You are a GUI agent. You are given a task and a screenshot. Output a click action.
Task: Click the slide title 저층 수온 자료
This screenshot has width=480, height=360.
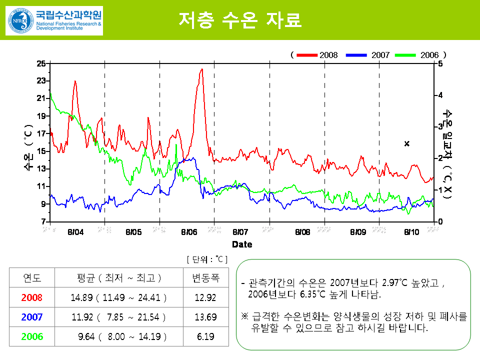pyautogui.click(x=240, y=20)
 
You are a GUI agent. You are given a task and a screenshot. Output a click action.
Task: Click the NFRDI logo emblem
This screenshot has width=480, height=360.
pyautogui.click(x=19, y=20)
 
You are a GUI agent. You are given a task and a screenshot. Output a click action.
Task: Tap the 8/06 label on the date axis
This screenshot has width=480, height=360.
pyautogui.click(x=189, y=232)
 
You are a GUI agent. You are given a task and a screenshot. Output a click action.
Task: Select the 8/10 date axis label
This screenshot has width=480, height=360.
pyautogui.click(x=411, y=232)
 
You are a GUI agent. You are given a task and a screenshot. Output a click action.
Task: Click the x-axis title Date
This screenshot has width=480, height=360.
pyautogui.click(x=242, y=244)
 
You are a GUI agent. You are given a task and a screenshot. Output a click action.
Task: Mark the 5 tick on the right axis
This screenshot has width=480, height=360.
pyautogui.click(x=440, y=63)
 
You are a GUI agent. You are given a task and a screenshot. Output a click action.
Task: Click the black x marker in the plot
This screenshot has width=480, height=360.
pyautogui.click(x=407, y=144)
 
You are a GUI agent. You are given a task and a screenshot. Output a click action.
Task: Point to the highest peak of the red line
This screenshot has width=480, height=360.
pyautogui.click(x=201, y=69)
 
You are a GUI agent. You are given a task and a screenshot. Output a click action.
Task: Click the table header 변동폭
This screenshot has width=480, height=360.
pyautogui.click(x=206, y=277)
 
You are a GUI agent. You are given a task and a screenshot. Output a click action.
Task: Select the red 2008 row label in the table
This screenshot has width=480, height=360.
pyautogui.click(x=32, y=297)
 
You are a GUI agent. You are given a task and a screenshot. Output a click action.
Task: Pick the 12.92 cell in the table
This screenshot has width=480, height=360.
pyautogui.click(x=206, y=297)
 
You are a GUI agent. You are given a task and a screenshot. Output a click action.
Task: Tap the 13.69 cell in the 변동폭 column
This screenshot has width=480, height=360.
pyautogui.click(x=206, y=317)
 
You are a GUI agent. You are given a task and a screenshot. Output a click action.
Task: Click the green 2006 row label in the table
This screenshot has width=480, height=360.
pyautogui.click(x=32, y=336)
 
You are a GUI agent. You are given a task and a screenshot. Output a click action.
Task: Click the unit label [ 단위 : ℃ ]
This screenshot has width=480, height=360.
pyautogui.click(x=207, y=259)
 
